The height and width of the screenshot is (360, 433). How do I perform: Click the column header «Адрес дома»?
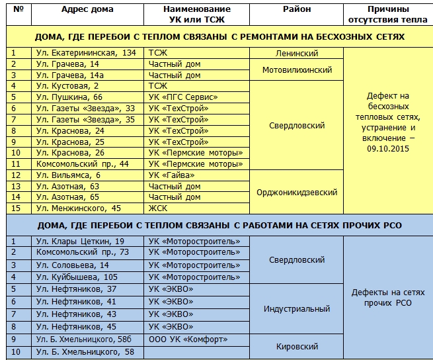[87, 9]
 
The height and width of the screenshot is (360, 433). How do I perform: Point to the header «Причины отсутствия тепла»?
[387, 14]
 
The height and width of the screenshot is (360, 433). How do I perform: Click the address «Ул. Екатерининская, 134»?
[86, 53]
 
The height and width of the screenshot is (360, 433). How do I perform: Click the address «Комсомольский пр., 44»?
[83, 164]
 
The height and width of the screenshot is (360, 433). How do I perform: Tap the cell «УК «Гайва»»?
[172, 175]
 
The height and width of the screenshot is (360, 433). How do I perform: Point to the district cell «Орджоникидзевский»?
[297, 193]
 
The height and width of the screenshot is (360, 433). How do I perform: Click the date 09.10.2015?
[387, 149]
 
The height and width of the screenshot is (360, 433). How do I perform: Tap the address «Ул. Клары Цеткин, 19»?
[80, 242]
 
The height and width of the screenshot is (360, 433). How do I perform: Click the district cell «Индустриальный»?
[297, 308]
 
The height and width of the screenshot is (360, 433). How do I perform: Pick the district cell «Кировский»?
[297, 346]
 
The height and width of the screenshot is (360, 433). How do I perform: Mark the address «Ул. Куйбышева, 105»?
[77, 277]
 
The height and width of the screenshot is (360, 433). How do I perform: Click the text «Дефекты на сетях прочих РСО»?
[387, 297]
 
